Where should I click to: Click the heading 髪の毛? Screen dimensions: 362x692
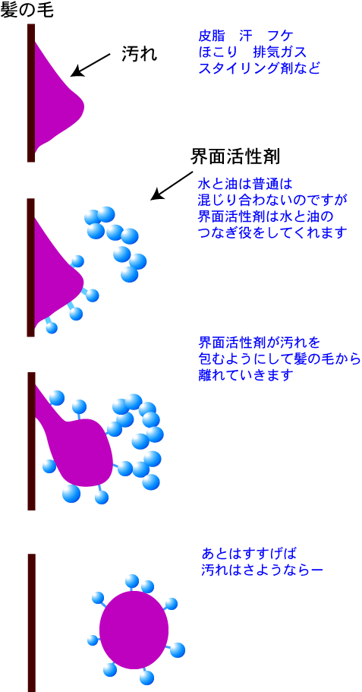tap(27, 10)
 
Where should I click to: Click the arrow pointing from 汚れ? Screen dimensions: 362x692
tap(91, 65)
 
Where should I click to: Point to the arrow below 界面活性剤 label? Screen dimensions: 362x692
tap(170, 186)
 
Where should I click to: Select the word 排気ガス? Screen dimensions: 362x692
tap(279, 52)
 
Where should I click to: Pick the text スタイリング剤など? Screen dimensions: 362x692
tap(260, 68)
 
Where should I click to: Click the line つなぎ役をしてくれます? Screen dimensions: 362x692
tap(272, 232)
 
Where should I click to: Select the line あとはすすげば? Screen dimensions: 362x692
tap(247, 553)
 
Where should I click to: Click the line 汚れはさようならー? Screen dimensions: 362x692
tap(262, 569)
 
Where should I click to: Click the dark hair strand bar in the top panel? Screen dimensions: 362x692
tap(31, 93)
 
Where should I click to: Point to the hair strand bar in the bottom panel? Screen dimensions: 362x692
tap(31, 623)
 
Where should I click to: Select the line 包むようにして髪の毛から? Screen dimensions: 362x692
tap(280, 359)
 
